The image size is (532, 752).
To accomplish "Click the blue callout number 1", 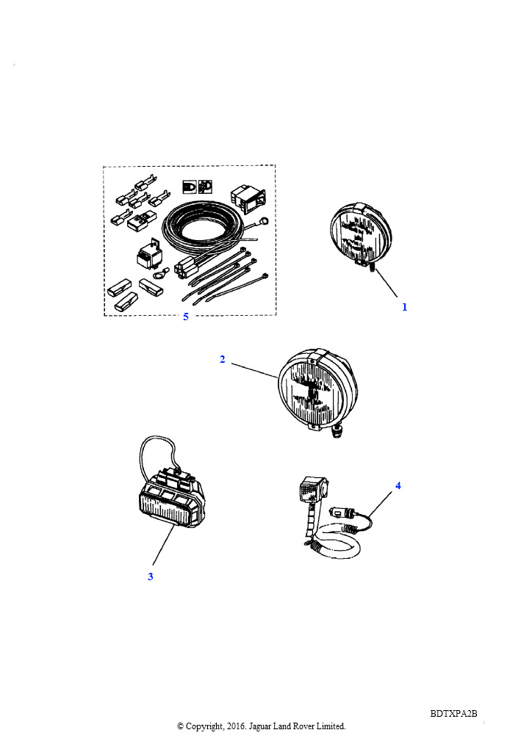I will coord(404,307).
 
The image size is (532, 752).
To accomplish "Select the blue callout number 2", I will coord(222,359).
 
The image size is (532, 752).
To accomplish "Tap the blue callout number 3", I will coord(151,576).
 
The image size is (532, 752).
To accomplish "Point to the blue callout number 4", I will coord(398,485).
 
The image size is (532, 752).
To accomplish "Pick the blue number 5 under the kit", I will coord(186,317).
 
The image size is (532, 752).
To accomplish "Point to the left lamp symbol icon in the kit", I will coord(189,187).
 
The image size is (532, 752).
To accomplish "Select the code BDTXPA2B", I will coord(454,713).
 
